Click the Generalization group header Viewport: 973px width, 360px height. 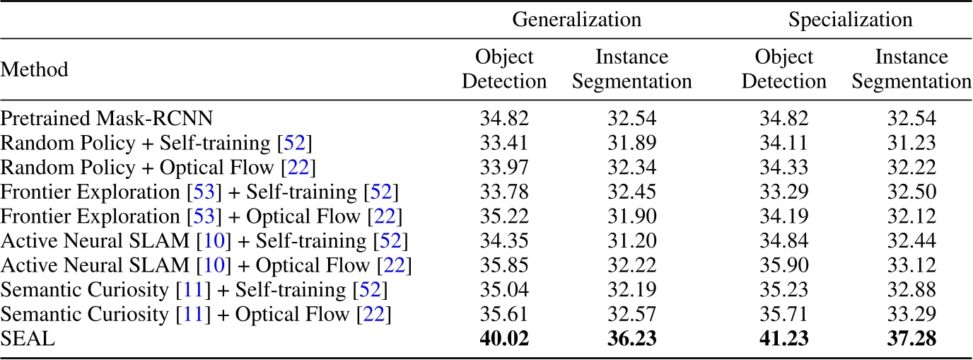[576, 19]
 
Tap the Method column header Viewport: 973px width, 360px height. [34, 69]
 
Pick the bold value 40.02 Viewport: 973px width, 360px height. [505, 339]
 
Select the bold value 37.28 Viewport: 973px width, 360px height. [911, 339]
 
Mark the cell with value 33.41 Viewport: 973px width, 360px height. [505, 142]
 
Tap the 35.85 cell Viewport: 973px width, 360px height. [505, 265]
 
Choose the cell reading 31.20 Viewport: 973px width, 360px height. [632, 240]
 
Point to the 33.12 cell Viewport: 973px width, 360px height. [911, 265]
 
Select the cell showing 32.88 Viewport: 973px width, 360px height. [911, 290]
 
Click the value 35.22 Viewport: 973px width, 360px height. [505, 216]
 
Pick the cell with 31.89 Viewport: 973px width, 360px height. [632, 142]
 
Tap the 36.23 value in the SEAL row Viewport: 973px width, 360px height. [632, 339]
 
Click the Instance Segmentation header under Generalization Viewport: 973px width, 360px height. [632, 69]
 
